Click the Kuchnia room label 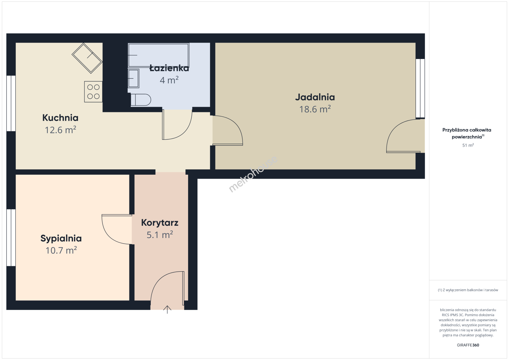pos(60,118)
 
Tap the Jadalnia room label pos(315,97)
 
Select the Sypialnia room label pos(61,238)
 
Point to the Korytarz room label pos(159,223)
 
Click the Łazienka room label pos(169,68)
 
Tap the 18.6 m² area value pos(315,109)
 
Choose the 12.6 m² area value pos(60,130)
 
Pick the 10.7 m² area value pos(61,250)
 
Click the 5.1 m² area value pos(159,235)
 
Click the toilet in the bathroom pos(141,100)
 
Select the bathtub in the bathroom pos(158,55)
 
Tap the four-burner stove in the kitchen pos(93,92)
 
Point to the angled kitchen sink pos(87,58)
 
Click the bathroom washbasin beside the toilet pos(133,78)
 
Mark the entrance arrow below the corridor pos(167,310)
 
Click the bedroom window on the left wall pos(11,238)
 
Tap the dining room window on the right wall pos(420,88)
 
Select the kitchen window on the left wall pos(11,103)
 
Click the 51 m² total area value pos(468,145)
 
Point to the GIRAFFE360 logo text pos(468,345)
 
